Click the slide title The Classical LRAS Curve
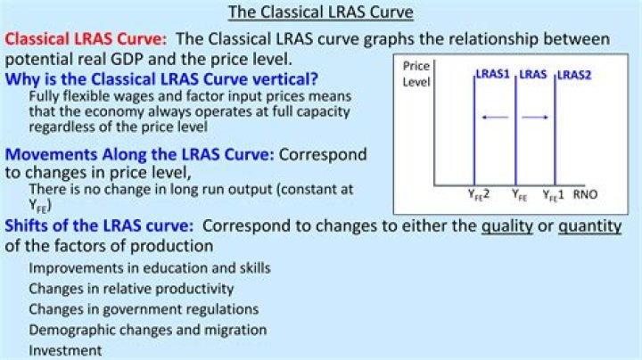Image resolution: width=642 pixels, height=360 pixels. click(321, 12)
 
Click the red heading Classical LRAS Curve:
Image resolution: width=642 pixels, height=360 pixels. click(86, 39)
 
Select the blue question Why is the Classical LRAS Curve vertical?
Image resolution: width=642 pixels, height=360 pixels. click(161, 78)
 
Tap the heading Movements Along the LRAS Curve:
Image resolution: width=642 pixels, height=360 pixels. click(139, 155)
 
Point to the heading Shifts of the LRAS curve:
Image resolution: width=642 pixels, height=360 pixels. click(99, 225)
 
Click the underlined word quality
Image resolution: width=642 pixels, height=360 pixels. click(506, 226)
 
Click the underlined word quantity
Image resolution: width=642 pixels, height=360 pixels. click(590, 226)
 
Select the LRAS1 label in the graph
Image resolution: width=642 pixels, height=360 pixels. click(492, 74)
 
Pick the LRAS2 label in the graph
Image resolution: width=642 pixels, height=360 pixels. click(574, 75)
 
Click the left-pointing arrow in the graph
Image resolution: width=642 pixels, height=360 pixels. click(495, 118)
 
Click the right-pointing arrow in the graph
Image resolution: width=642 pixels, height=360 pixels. click(535, 118)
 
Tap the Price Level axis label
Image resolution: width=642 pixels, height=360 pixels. click(416, 74)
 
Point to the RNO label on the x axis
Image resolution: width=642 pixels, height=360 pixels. click(585, 194)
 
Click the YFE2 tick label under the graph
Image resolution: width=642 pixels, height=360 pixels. click(479, 195)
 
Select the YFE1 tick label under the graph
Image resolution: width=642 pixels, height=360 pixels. click(553, 195)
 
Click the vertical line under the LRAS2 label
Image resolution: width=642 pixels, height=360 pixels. click(556, 130)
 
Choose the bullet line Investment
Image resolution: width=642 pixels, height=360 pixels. click(65, 350)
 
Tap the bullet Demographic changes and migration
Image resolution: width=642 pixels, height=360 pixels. click(147, 330)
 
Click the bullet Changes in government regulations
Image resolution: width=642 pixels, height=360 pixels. click(144, 309)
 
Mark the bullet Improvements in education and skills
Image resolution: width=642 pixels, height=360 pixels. click(150, 268)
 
